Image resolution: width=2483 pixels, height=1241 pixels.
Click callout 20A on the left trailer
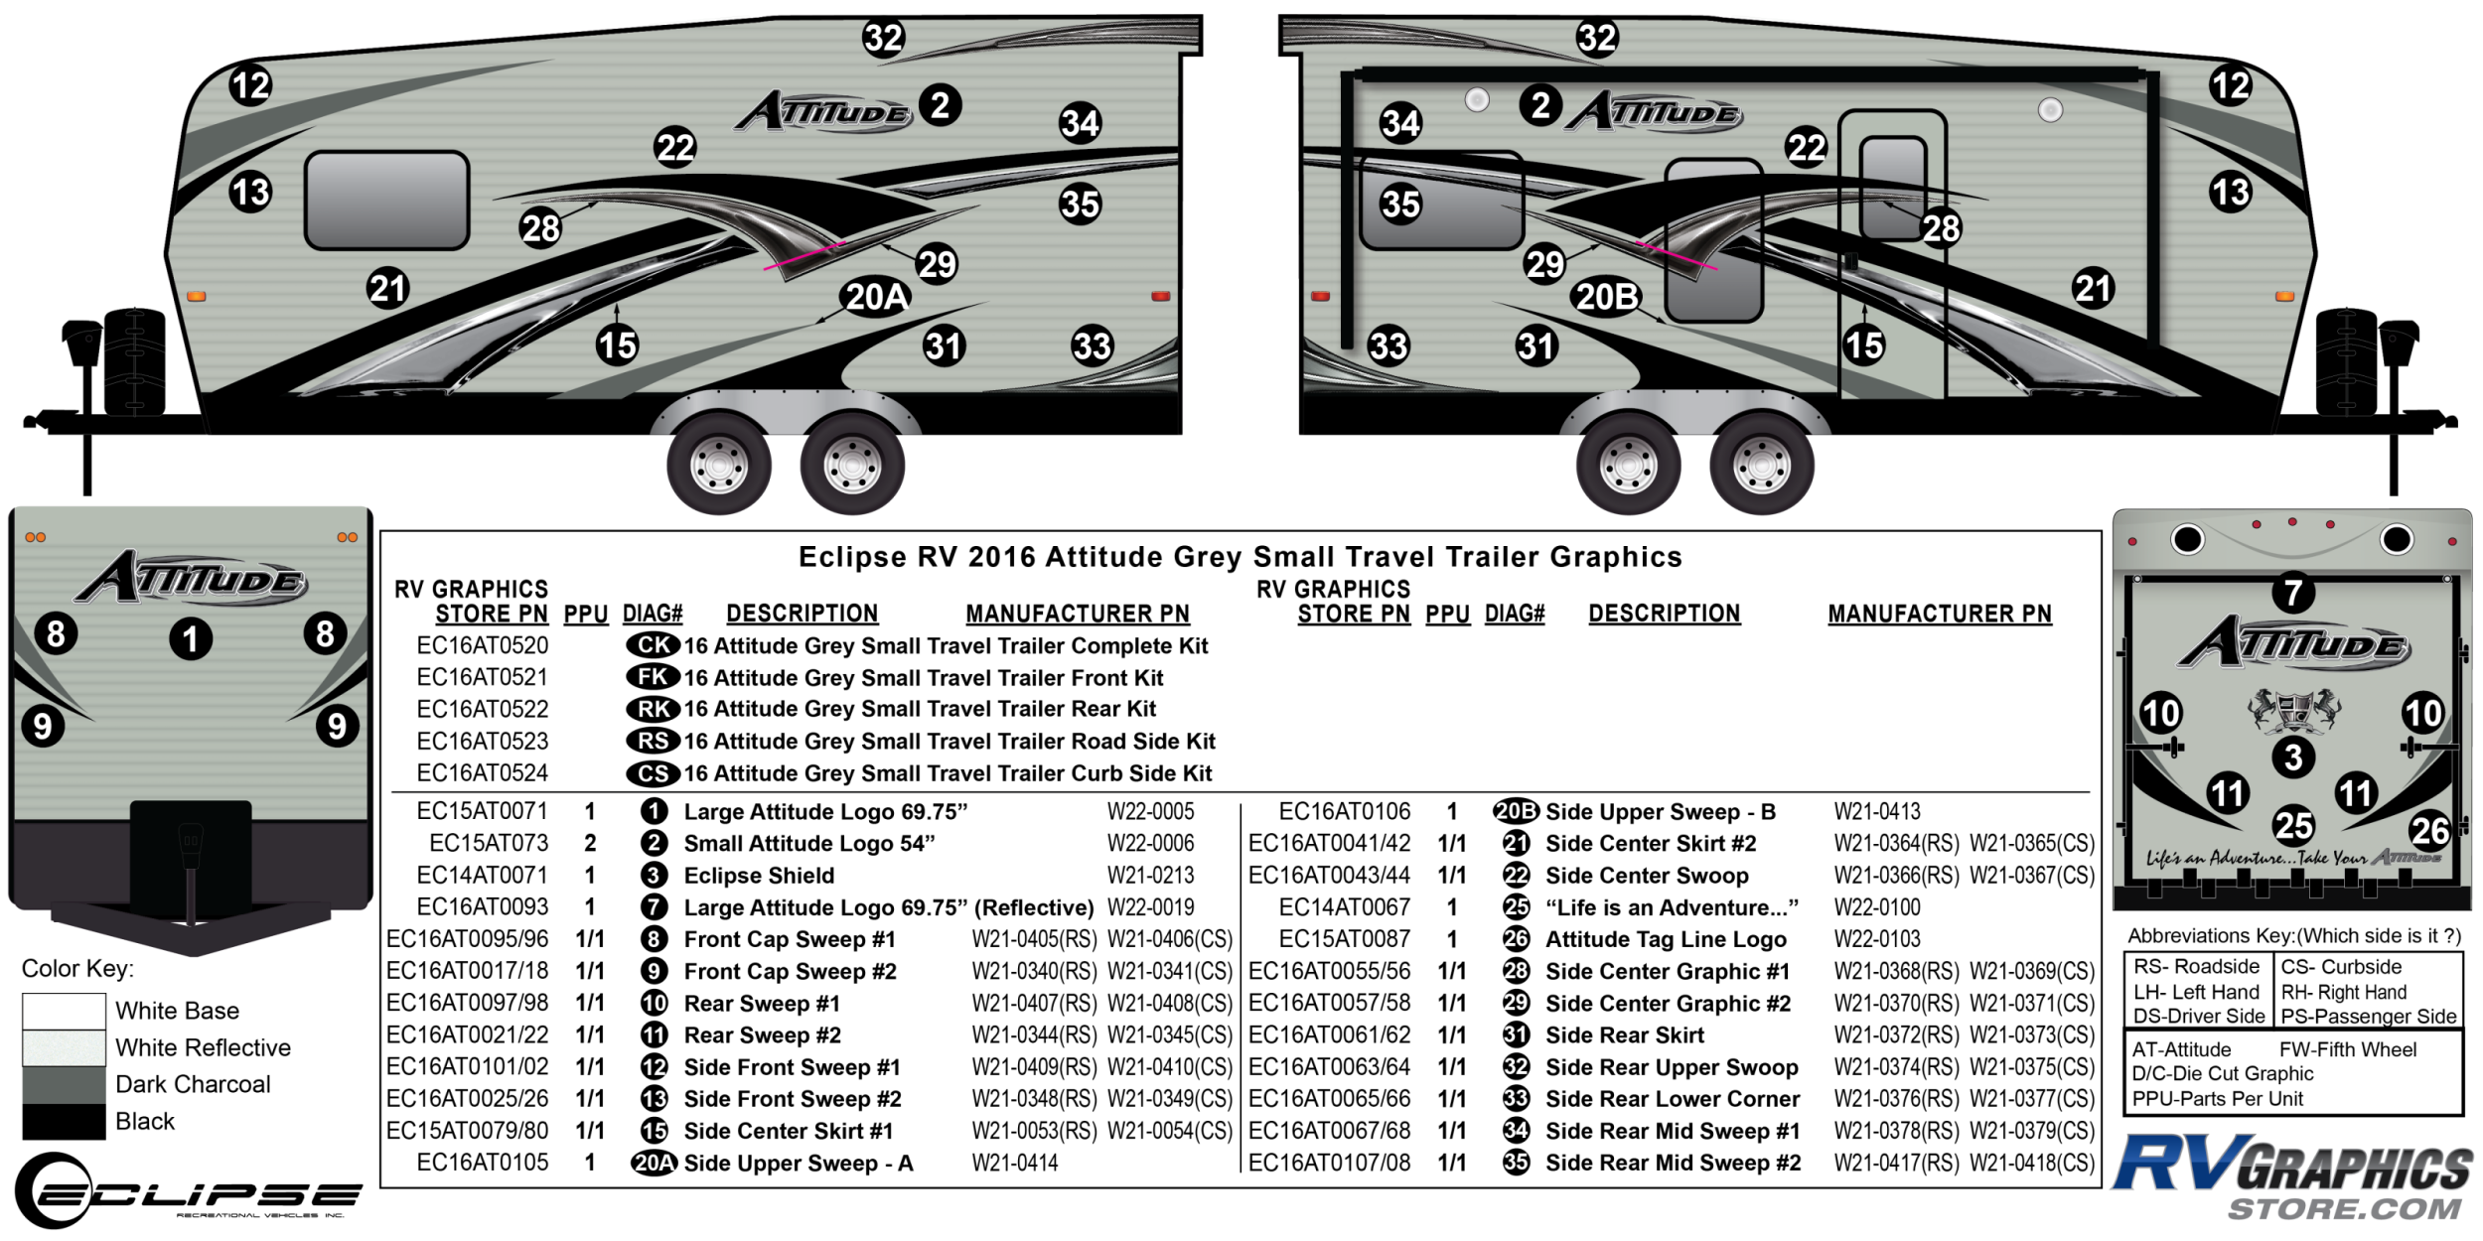pyautogui.click(x=876, y=297)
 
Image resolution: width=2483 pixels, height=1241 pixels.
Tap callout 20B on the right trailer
pyautogui.click(x=1607, y=297)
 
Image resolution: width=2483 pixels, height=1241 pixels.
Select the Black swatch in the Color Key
pyautogui.click(x=64, y=1122)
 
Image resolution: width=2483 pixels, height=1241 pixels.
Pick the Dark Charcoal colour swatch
pyautogui.click(x=64, y=1084)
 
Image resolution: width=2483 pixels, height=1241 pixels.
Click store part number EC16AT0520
pyautogui.click(x=482, y=646)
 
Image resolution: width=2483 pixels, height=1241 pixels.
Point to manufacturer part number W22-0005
pyautogui.click(x=1150, y=812)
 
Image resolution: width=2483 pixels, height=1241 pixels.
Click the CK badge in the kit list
pyautogui.click(x=653, y=645)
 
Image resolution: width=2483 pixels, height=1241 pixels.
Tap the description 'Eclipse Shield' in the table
pyautogui.click(x=759, y=876)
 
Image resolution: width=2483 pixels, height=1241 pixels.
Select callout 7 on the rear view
pyautogui.click(x=2293, y=593)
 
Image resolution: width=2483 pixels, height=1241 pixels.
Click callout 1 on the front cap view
pyautogui.click(x=191, y=638)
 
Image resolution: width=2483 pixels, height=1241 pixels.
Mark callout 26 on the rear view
pyautogui.click(x=2429, y=830)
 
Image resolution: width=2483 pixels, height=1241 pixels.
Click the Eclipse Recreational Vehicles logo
pyautogui.click(x=189, y=1190)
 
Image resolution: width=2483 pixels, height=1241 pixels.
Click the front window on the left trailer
pyautogui.click(x=386, y=200)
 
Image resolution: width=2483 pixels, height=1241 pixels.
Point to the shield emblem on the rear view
pyautogui.click(x=2293, y=712)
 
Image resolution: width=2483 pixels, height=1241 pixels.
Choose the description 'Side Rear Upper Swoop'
pyautogui.click(x=1672, y=1067)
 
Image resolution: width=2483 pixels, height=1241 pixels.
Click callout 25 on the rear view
pyautogui.click(x=2293, y=826)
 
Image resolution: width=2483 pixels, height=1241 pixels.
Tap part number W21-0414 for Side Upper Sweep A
pyautogui.click(x=1014, y=1163)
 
